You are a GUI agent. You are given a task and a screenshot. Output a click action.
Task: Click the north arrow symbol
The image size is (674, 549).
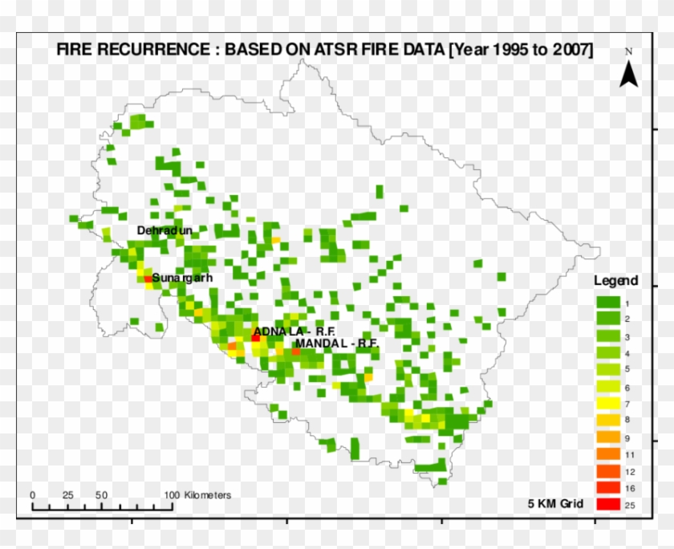pyautogui.click(x=630, y=73)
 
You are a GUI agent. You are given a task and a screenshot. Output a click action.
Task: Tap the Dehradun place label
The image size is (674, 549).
pyautogui.click(x=165, y=230)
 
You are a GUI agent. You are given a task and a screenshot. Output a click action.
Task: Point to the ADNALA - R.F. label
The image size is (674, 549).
pyautogui.click(x=283, y=331)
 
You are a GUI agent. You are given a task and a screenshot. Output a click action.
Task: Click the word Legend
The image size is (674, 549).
pyautogui.click(x=615, y=281)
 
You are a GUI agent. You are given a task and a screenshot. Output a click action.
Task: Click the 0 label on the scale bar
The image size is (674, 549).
pyautogui.click(x=33, y=495)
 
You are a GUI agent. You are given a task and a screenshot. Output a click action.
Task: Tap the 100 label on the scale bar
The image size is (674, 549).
pyautogui.click(x=171, y=495)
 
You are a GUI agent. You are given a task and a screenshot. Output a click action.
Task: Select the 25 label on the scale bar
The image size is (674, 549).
pyautogui.click(x=67, y=495)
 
